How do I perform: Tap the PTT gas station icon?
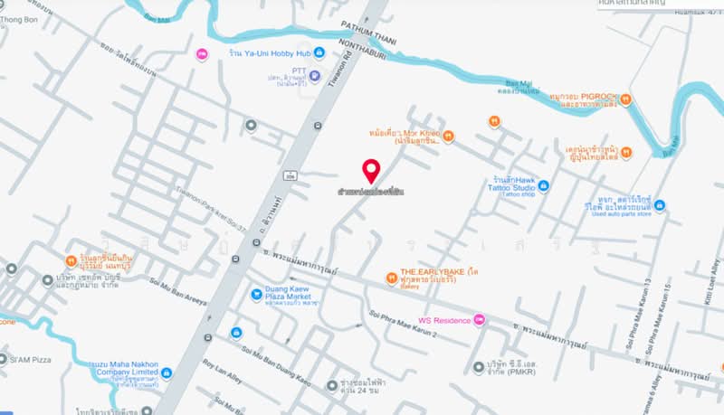click(315, 75)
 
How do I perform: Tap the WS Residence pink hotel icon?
click(480, 320)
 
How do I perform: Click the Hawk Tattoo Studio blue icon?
click(543, 185)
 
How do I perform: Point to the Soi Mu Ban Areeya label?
click(175, 295)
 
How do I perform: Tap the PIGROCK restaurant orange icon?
click(625, 99)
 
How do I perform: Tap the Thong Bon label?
click(18, 19)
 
